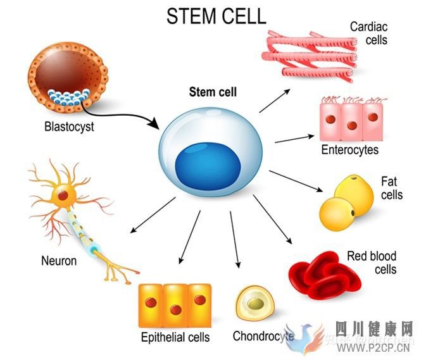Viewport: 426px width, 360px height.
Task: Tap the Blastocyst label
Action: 69,126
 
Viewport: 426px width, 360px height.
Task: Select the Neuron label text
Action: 59,260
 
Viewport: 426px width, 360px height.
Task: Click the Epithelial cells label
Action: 175,337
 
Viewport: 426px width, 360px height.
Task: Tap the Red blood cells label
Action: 372,263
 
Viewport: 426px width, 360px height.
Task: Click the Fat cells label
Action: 391,188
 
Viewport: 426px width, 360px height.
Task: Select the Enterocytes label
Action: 349,150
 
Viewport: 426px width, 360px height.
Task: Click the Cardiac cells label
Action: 368,34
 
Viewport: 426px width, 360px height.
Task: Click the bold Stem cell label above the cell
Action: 213,92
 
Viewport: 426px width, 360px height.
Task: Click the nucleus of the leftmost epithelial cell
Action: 151,302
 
